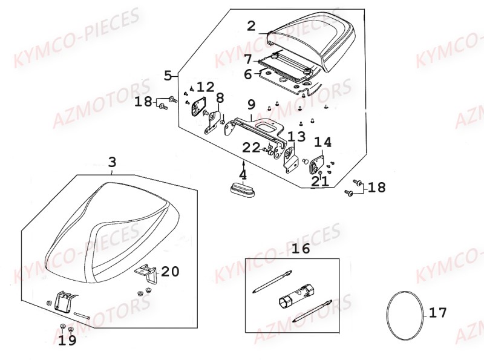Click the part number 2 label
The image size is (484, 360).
252,26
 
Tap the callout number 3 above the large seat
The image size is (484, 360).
113,162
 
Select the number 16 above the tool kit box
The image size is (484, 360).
301,248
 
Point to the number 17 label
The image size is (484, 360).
437,313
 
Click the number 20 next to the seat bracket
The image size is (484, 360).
170,272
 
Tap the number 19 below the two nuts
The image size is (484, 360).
68,340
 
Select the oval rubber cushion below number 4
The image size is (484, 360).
243,188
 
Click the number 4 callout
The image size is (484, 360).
243,175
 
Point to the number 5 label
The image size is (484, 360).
168,76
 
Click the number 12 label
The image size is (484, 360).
205,87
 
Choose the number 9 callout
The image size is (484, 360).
252,104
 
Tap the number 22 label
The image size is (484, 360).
251,148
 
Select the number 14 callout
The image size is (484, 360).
323,142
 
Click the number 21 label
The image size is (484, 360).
320,182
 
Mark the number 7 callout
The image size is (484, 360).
248,59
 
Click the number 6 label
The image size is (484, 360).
248,74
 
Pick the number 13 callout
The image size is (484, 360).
297,136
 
